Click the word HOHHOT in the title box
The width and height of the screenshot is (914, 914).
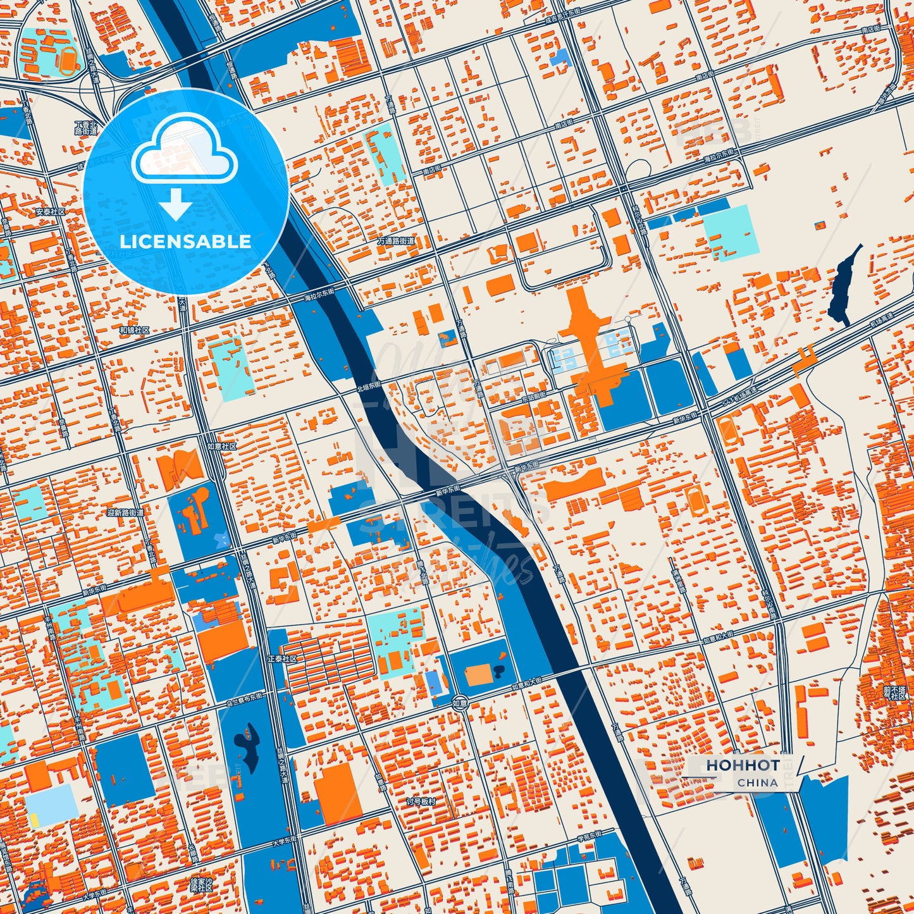[743, 765]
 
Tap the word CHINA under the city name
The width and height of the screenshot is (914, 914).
[757, 782]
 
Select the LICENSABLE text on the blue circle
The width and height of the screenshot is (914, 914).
[185, 242]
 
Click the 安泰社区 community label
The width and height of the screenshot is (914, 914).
[51, 212]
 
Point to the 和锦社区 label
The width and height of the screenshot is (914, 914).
[134, 330]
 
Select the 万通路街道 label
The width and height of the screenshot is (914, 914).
[396, 241]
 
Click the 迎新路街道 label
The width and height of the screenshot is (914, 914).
[126, 512]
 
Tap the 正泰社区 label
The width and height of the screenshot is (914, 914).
[281, 658]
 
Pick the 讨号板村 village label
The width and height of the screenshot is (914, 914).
[421, 801]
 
